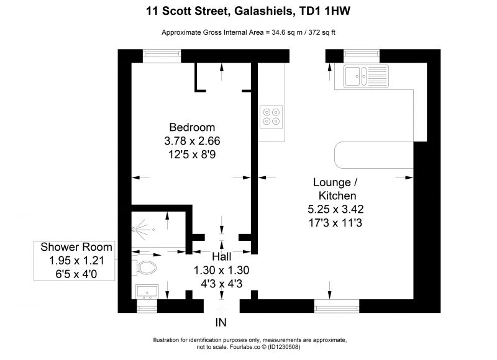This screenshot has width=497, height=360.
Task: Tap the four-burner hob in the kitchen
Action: (271, 117)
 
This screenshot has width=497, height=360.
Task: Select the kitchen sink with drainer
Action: (366, 76)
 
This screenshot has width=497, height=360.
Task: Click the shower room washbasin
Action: (147, 292)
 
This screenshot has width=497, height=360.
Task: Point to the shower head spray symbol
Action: (143, 229)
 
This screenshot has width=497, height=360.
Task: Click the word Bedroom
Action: (192, 127)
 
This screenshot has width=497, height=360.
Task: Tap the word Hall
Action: (222, 256)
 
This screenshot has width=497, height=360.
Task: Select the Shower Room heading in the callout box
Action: (76, 247)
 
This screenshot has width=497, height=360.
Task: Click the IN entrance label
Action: (221, 323)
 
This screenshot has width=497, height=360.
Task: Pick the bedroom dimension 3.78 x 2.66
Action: (192, 141)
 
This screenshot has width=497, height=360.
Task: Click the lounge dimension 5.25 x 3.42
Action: (335, 209)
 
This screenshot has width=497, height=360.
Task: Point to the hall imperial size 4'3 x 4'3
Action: (222, 284)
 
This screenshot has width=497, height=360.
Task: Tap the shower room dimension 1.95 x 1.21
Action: (76, 261)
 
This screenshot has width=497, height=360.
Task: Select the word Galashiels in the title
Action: (263, 11)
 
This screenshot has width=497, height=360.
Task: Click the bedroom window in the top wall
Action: (162, 56)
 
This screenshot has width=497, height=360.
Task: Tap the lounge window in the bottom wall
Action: (337, 306)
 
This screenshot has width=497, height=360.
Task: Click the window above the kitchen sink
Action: (362, 56)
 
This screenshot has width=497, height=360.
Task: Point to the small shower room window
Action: (147, 306)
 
